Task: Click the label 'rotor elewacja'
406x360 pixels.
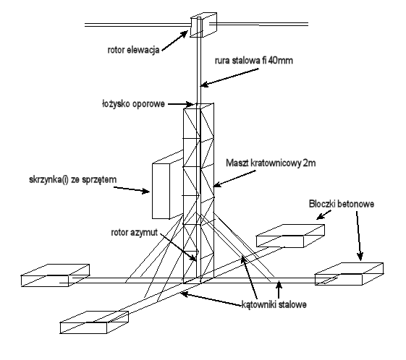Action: [133, 50]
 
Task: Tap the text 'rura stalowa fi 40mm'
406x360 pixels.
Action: [254, 61]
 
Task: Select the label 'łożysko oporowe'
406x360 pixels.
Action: [133, 104]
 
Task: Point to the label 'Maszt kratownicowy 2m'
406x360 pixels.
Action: [271, 163]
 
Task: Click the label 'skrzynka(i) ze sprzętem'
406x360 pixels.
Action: [73, 179]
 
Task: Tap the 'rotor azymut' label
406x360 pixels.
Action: [134, 233]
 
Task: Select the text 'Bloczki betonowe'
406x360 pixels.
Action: [342, 204]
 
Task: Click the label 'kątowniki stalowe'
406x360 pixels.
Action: [274, 304]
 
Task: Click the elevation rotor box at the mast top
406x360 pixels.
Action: [203, 25]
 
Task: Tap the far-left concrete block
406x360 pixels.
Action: [55, 275]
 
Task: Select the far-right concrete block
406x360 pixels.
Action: [349, 274]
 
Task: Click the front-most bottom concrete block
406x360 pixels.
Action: [94, 322]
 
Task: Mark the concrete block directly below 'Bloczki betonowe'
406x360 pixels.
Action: [290, 236]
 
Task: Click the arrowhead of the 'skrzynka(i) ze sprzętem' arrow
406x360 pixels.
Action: [146, 192]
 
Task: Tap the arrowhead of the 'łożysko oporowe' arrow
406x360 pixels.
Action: [190, 104]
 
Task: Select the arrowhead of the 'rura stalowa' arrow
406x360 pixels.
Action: [204, 85]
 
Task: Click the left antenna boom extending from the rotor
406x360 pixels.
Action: [138, 25]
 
